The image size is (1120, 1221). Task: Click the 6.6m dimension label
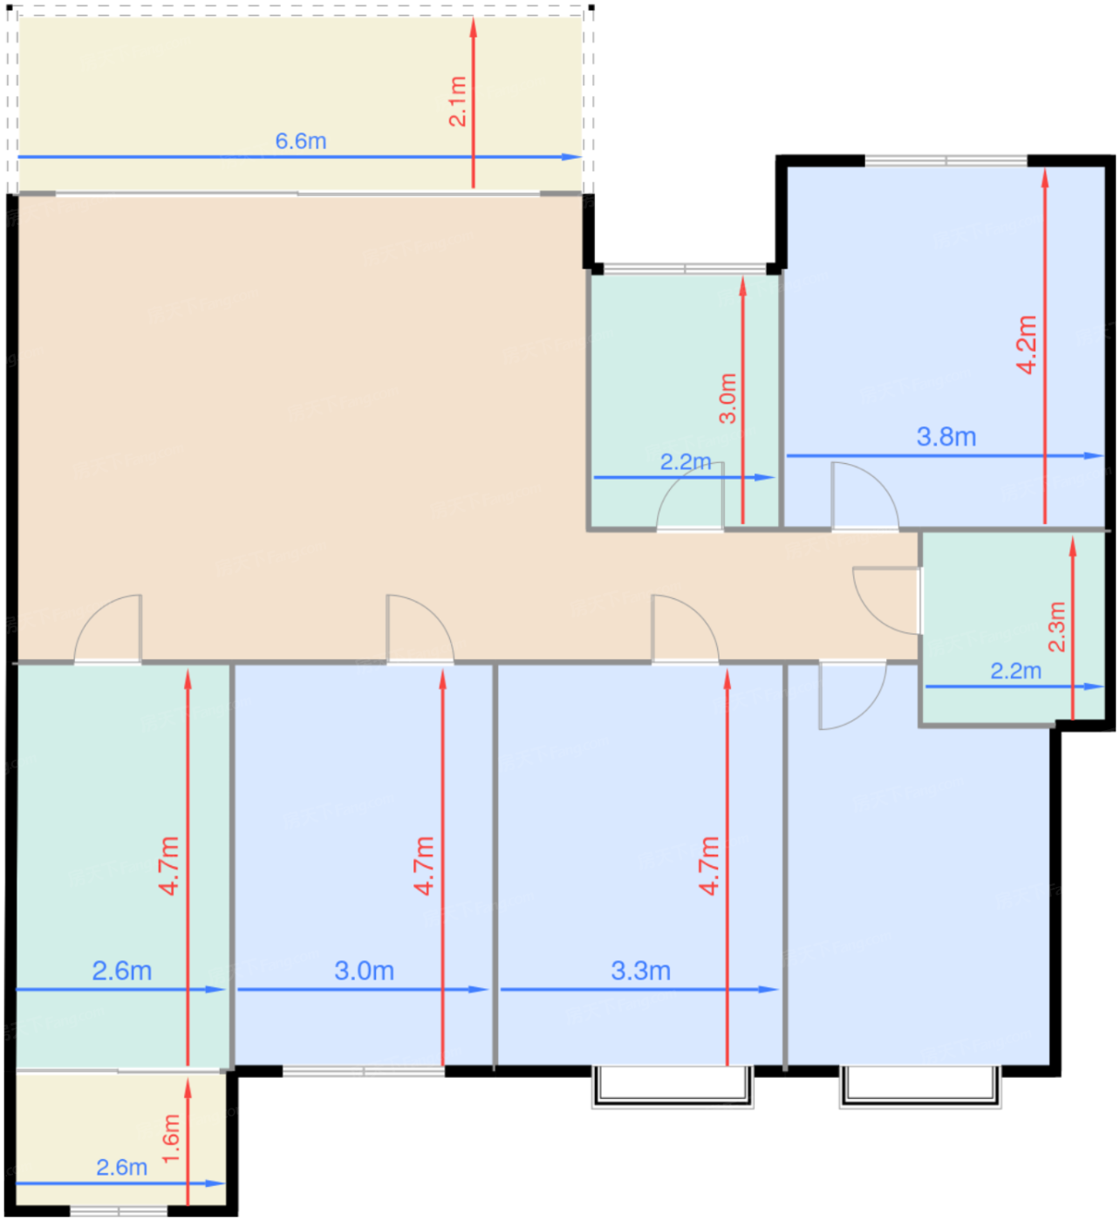pos(301,141)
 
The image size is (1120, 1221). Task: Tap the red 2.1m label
pos(457,102)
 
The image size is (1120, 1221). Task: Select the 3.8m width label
pos(946,437)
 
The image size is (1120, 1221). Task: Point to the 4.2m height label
pos(1027,344)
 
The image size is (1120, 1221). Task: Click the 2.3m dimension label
pos(1056,627)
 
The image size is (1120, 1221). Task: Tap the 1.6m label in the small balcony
pos(171,1139)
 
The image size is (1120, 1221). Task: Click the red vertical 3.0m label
pos(727,399)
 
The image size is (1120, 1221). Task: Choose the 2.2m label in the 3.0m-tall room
pos(686,462)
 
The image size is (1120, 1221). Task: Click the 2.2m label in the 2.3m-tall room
pos(1016,672)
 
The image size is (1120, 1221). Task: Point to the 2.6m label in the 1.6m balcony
pos(122,1168)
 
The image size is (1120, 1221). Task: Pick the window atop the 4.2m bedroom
pos(946,161)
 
